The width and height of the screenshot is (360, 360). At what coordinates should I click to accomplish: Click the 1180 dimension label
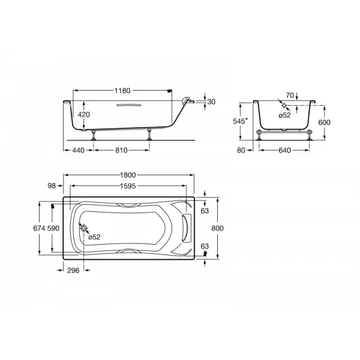click(122, 91)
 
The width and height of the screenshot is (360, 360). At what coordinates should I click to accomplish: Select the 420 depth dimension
click(83, 115)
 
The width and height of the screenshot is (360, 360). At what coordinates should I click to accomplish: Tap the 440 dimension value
click(78, 151)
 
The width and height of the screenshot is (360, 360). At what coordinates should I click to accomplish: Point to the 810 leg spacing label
click(121, 151)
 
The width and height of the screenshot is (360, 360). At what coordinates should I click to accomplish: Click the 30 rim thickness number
click(211, 102)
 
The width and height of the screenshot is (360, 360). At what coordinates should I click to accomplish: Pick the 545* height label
click(241, 121)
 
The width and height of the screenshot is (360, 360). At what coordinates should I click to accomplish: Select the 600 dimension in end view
click(324, 122)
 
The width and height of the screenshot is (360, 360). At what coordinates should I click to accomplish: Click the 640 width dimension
click(284, 151)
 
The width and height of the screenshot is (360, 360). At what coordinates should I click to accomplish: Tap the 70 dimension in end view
click(290, 95)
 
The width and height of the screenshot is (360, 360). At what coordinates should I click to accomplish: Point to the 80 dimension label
click(241, 151)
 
